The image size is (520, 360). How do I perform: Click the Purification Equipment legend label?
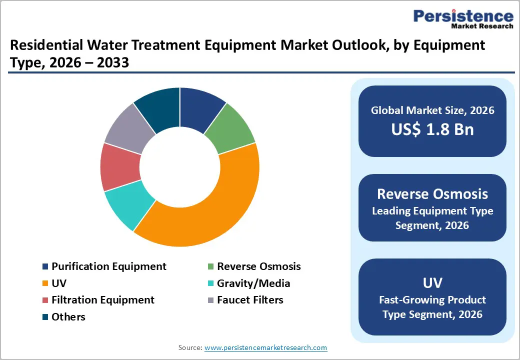pos(109,266)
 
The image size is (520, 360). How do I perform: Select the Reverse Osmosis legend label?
pos(258,266)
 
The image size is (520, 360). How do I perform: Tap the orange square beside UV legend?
pos(45,283)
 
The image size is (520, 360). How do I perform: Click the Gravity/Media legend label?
pos(253,283)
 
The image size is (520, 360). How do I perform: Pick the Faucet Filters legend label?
pos(250,300)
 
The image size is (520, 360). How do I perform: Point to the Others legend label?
pos(68,317)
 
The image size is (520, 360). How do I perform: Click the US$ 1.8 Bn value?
pos(432,129)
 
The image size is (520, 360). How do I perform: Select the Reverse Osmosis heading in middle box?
pos(432,193)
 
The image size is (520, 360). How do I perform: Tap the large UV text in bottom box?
pos(432,283)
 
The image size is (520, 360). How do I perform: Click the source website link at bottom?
pos(266,347)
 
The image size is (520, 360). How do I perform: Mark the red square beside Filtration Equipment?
pos(45,300)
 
